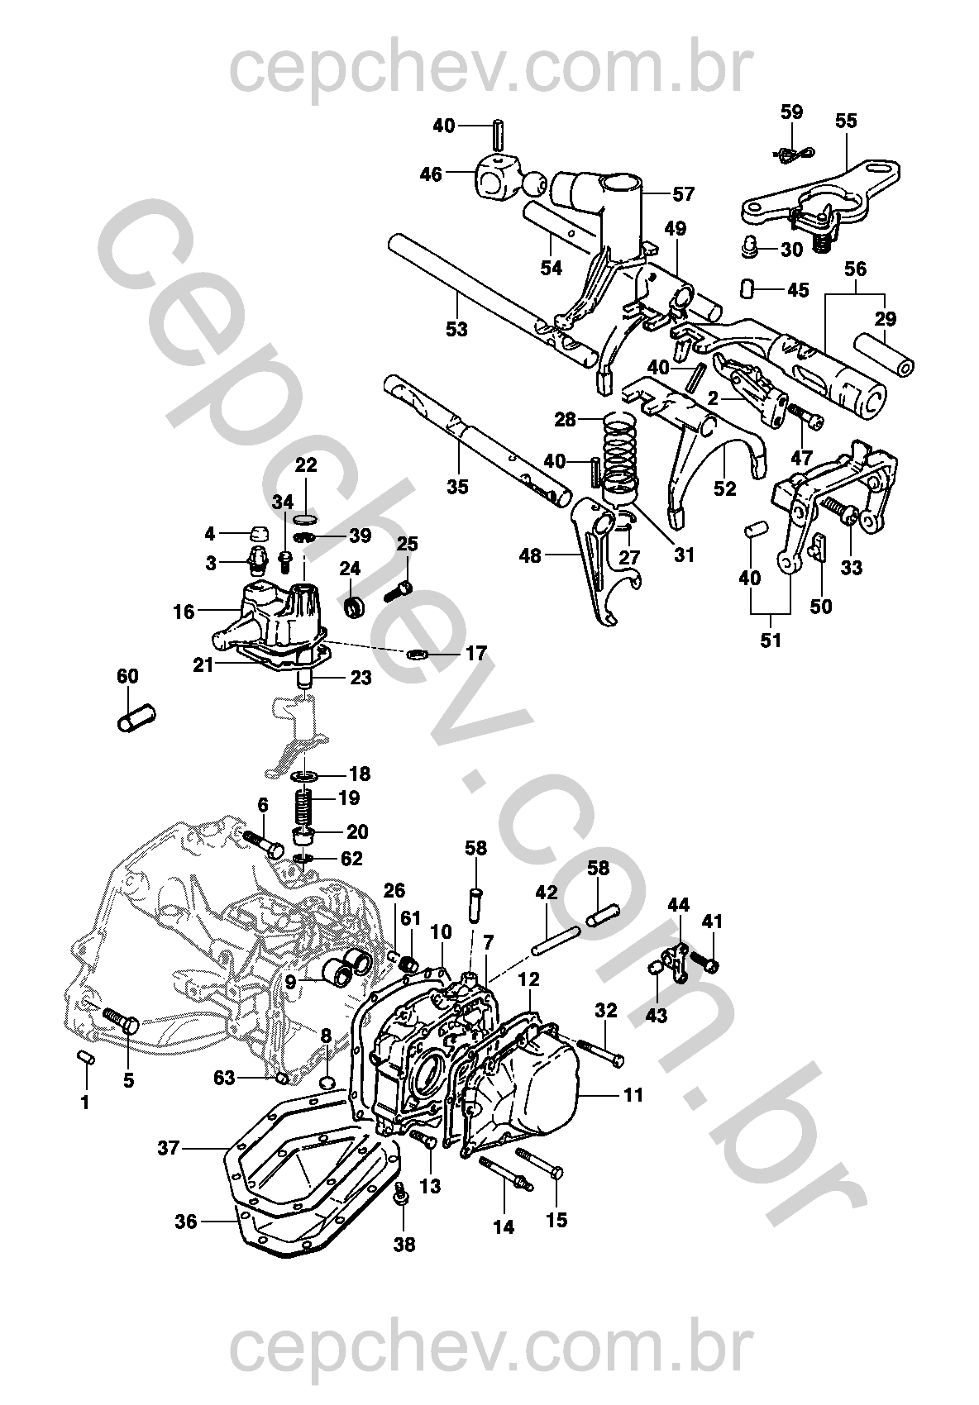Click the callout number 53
click(456, 329)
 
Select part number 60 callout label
click(127, 676)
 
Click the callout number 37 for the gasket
click(168, 1148)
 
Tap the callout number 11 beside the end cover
click(634, 1095)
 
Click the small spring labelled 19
click(303, 805)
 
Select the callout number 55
click(846, 121)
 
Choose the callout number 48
click(530, 555)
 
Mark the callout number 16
click(184, 612)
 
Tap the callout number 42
click(546, 892)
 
